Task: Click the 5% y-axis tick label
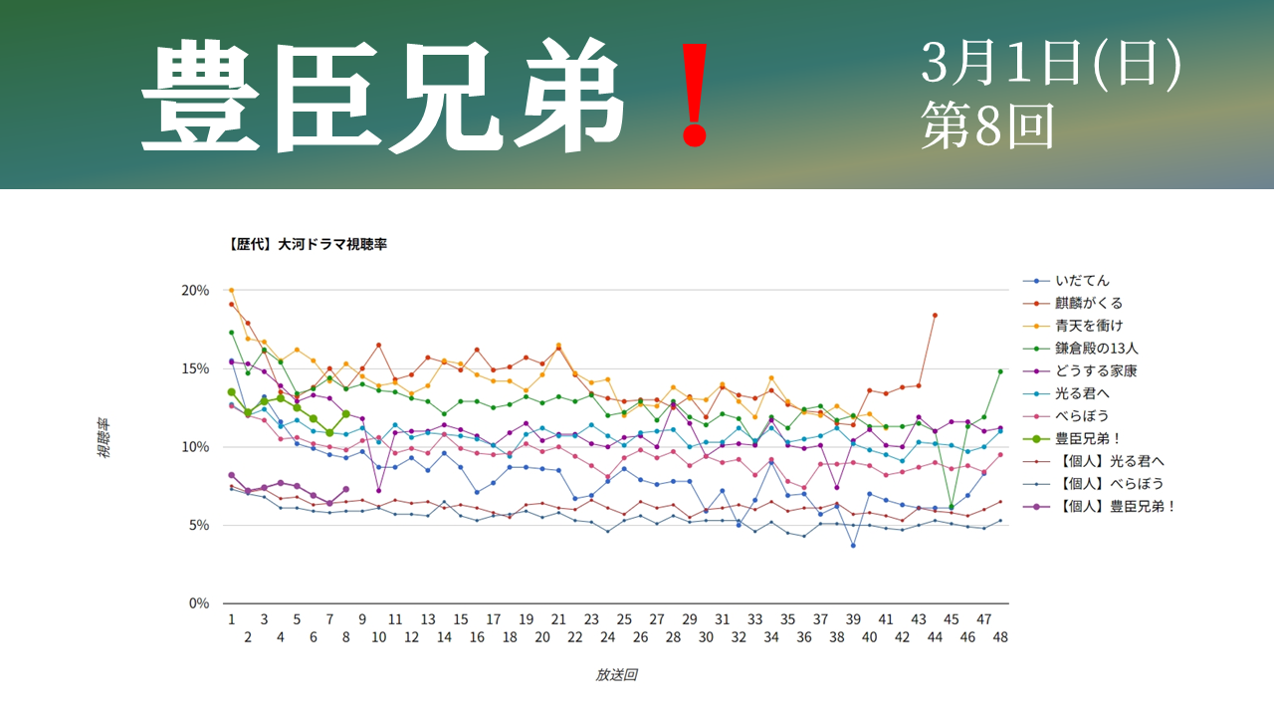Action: coord(197,525)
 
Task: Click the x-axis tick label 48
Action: coord(1000,636)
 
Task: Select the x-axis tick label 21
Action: coord(558,618)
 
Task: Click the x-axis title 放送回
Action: coord(616,674)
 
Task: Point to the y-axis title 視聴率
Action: coord(105,438)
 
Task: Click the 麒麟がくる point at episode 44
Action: coord(935,315)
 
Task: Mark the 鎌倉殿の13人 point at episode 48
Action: coord(1000,371)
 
